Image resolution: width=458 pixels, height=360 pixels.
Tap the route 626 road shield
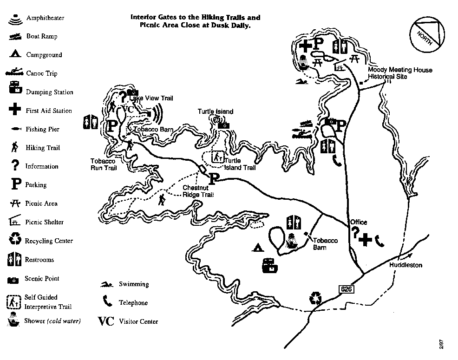click(344, 289)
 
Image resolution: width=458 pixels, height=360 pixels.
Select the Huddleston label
click(406, 265)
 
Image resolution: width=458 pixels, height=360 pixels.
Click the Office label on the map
click(359, 222)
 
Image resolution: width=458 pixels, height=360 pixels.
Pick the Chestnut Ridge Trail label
click(198, 191)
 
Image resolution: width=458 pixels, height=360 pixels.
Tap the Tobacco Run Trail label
click(103, 164)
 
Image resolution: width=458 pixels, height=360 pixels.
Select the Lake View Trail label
click(151, 98)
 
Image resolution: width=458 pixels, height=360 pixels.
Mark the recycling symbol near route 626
click(315, 297)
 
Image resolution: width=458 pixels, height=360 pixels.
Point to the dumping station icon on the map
click(270, 266)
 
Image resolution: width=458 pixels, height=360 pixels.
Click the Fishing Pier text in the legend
click(43, 129)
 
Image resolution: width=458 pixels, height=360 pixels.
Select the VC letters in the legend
click(106, 321)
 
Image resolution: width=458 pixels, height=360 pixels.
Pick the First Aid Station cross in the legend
click(15, 110)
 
